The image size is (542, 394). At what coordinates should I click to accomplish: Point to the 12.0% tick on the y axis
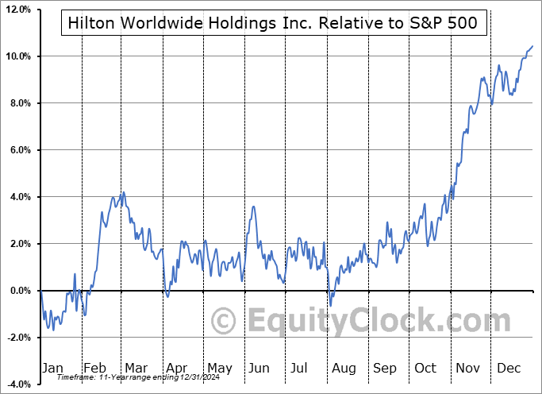[x=17, y=10]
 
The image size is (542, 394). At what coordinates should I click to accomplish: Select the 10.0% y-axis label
[x=17, y=56]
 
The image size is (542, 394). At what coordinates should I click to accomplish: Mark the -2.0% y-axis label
[x=17, y=338]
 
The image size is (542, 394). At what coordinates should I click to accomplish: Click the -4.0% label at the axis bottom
[x=17, y=384]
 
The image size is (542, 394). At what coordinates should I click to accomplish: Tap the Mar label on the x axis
[x=137, y=368]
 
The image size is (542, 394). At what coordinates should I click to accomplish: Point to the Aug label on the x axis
[x=344, y=368]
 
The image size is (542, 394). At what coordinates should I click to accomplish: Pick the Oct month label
[x=425, y=368]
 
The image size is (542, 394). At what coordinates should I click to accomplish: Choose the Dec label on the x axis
[x=508, y=368]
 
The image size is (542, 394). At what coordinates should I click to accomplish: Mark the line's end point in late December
[x=532, y=47]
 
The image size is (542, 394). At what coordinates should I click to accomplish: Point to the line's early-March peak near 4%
[x=122, y=192]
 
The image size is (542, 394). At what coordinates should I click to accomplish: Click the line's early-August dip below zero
[x=330, y=306]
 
